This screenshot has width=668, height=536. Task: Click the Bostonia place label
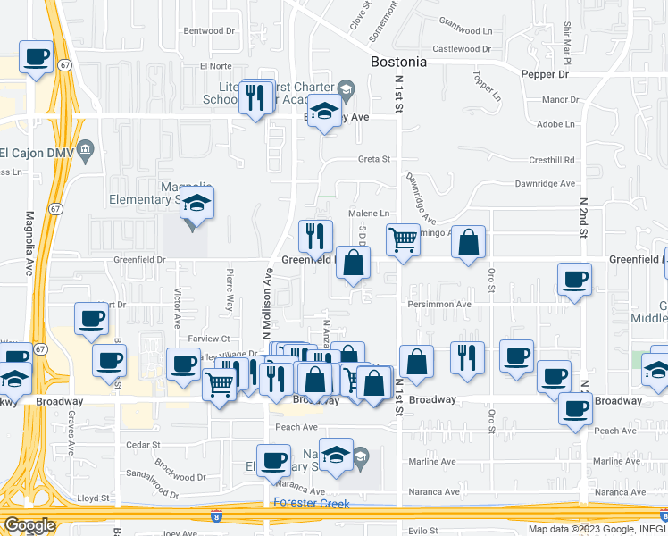click(398, 63)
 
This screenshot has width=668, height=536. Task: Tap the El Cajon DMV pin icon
click(86, 148)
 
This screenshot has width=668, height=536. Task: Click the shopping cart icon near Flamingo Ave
click(404, 239)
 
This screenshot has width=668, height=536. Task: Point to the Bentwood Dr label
click(209, 30)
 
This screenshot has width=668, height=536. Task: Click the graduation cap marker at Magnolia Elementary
click(197, 203)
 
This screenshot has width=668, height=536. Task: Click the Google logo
click(29, 525)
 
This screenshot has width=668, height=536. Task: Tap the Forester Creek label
click(312, 502)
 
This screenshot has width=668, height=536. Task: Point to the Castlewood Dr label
click(463, 49)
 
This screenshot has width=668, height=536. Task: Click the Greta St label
click(375, 160)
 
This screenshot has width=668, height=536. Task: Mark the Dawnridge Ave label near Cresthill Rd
click(545, 183)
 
